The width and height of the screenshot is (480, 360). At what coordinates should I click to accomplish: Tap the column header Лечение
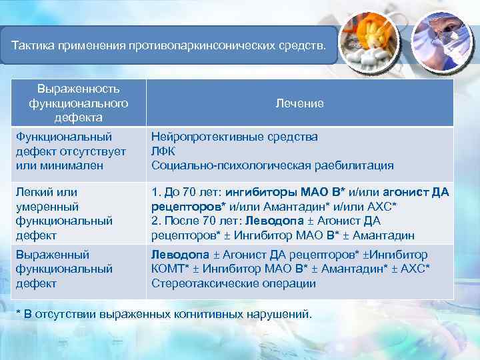pyautogui.click(x=299, y=103)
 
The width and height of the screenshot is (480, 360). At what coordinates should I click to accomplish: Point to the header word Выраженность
pyautogui.click(x=78, y=89)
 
